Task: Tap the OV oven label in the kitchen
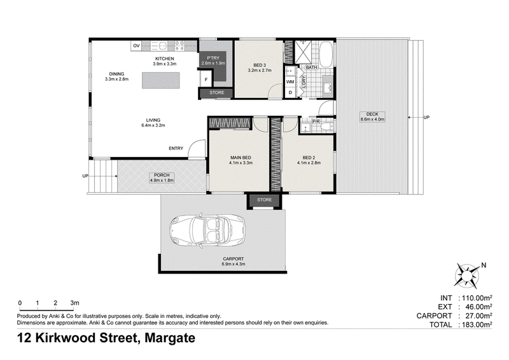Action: pyautogui.click(x=136, y=46)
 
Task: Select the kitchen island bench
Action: pyautogui.click(x=161, y=80)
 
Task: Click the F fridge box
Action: pyautogui.click(x=206, y=80)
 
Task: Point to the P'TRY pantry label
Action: pyautogui.click(x=213, y=58)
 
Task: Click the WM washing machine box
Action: pyautogui.click(x=290, y=82)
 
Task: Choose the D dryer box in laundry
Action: pyautogui.click(x=290, y=92)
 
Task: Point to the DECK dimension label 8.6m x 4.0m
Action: pyautogui.click(x=372, y=120)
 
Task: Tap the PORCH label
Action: pyautogui.click(x=162, y=176)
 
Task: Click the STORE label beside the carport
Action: pyautogui.click(x=264, y=200)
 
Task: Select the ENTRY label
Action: pyautogui.click(x=176, y=148)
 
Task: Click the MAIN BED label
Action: pyautogui.click(x=241, y=158)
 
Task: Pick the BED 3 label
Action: pyautogui.click(x=260, y=66)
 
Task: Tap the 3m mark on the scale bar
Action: pyautogui.click(x=74, y=303)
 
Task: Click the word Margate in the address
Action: pyautogui.click(x=170, y=338)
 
